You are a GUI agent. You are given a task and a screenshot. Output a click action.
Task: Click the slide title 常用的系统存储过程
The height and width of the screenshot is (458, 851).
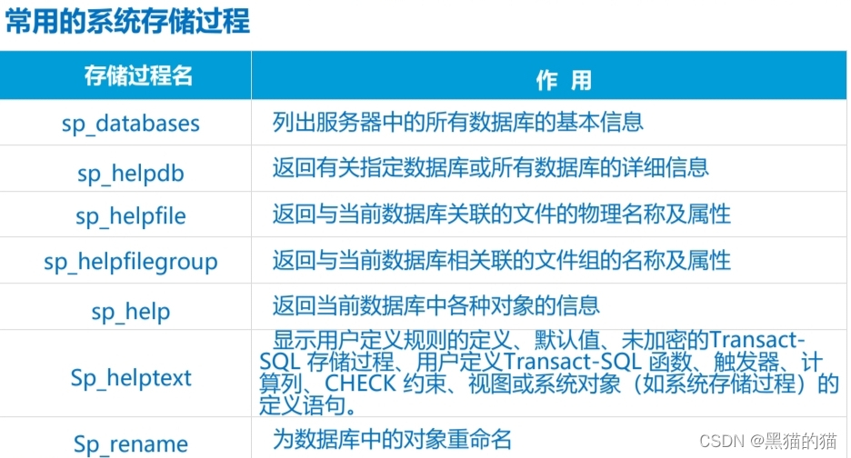point(127,21)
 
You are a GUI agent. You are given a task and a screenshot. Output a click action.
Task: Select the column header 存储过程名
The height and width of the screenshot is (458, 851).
point(138,75)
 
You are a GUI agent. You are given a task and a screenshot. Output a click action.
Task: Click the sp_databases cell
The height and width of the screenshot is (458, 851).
point(130,123)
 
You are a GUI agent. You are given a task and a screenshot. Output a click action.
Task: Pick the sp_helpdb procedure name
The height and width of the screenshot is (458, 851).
point(131,170)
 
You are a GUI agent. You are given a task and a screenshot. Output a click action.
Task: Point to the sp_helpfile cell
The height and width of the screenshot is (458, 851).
point(130,216)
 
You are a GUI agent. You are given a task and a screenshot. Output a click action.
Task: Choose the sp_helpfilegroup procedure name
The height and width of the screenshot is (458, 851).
point(130,263)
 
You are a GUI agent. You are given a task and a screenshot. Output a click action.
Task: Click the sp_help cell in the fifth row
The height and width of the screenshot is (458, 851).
point(130,311)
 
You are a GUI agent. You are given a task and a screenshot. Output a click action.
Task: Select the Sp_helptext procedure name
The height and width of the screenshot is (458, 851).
point(131,377)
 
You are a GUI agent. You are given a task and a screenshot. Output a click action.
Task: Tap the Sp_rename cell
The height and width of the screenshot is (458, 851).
point(131,444)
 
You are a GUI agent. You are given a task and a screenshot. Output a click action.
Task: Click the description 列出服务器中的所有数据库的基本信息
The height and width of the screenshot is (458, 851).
point(457,121)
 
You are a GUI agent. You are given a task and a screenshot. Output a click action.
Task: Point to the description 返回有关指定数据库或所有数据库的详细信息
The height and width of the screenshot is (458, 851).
point(490,168)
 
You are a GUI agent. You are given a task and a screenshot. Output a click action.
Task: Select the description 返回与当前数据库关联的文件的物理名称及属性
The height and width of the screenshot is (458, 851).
point(501,214)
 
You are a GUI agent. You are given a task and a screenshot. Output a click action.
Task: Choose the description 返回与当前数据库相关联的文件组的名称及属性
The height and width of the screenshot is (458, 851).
point(501,261)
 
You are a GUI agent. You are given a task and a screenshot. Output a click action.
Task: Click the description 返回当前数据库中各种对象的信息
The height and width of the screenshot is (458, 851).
point(436,305)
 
